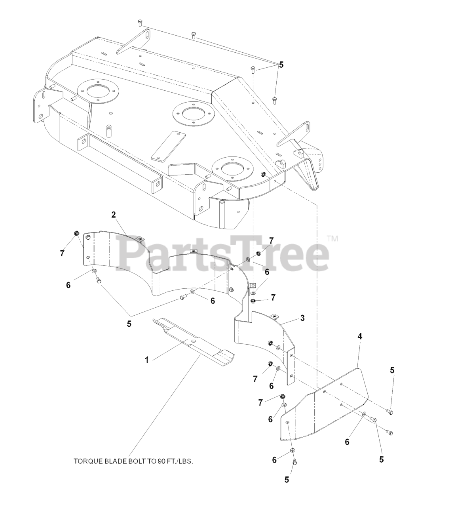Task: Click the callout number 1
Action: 147,360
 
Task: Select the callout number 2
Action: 114,215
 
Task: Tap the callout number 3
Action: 302,318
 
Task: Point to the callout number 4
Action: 360,336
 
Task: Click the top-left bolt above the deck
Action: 140,22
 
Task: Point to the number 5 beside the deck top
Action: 281,65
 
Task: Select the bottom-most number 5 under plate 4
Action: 287,480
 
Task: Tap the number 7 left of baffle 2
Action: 62,254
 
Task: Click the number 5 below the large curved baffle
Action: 129,324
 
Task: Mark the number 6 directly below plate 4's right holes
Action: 347,442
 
